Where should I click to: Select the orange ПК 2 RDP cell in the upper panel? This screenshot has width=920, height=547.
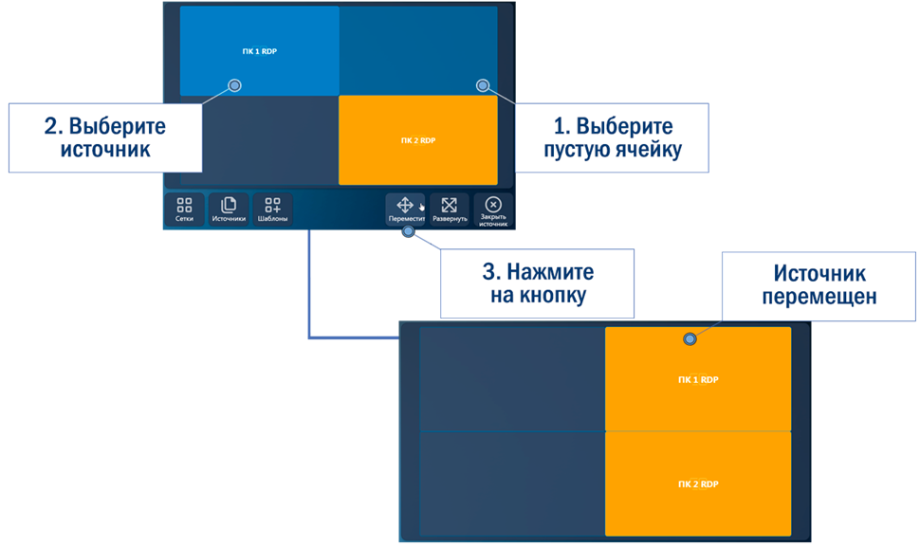coord(417,140)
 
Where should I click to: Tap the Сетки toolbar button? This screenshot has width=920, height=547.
coord(184,210)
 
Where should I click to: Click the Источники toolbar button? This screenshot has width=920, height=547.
coord(229,210)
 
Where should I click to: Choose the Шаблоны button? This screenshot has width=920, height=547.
coord(272,210)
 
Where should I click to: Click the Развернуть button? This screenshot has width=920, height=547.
coord(450,210)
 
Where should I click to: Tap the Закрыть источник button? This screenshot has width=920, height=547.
coord(493,210)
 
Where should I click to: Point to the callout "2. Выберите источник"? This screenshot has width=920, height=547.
coord(104,138)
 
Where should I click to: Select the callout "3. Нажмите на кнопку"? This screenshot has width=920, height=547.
coord(537,283)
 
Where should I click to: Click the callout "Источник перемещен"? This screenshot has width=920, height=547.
coord(819,284)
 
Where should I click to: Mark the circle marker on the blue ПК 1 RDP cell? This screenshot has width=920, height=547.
coord(235,85)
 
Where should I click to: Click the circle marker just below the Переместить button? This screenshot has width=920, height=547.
coord(408,231)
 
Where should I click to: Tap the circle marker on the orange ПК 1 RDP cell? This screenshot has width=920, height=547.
coord(690,338)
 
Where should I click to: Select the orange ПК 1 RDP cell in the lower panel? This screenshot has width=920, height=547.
coord(698,379)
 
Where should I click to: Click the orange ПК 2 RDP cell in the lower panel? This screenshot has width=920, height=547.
coord(698,483)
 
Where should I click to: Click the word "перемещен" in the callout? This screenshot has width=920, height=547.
coord(819,296)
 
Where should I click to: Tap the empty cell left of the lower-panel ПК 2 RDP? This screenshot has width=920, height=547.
coord(512,483)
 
